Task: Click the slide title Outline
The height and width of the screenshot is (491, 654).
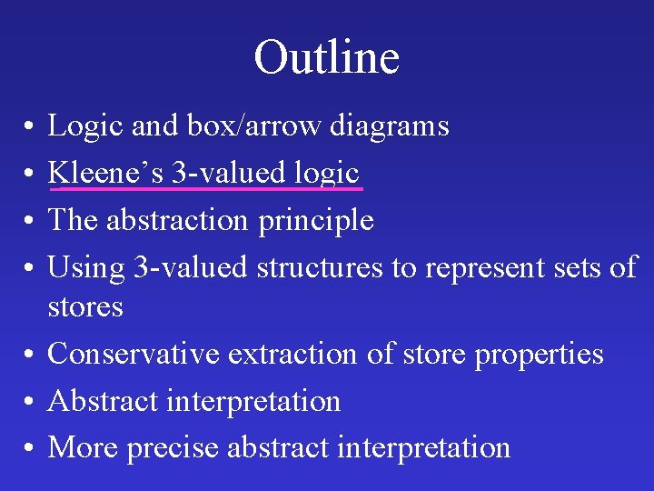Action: tap(327, 57)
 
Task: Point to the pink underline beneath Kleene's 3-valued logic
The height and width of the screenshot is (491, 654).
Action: tap(207, 189)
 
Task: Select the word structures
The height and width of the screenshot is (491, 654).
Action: tap(320, 267)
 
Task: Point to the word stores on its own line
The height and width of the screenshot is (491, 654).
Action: tap(85, 306)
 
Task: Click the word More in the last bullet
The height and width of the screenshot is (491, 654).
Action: tap(84, 447)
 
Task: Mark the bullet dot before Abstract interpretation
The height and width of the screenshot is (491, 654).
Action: tap(30, 402)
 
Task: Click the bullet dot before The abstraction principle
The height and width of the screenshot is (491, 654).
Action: tap(30, 221)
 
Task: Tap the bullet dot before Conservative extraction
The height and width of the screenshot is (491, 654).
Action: tap(30, 355)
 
